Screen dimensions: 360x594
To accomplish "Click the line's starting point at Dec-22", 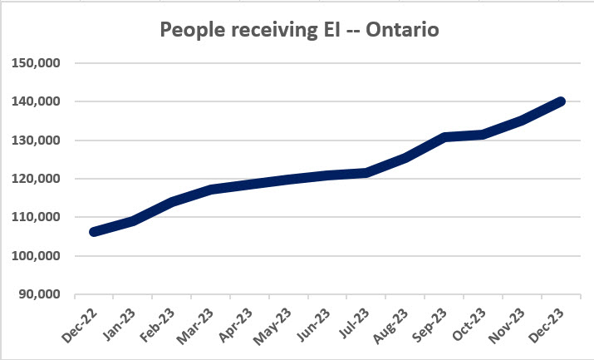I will click(94, 231).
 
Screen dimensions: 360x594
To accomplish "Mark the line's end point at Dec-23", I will click(561, 101).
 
